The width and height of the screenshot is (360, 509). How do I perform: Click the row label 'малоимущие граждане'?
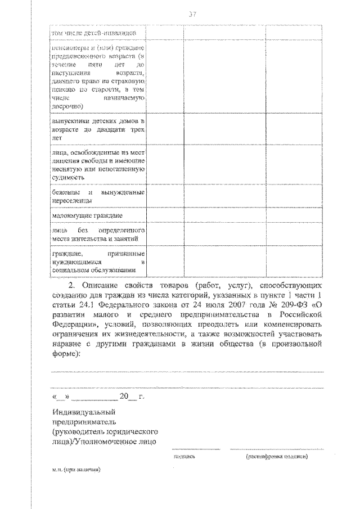(x=87, y=215)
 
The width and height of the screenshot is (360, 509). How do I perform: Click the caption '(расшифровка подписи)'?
(x=276, y=457)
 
